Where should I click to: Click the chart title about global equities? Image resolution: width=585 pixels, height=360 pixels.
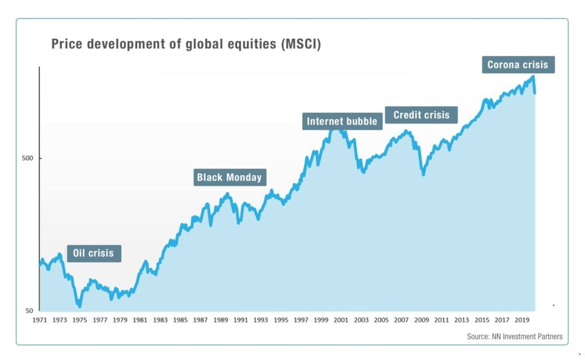(186, 44)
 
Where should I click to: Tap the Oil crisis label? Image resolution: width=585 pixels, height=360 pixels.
(93, 253)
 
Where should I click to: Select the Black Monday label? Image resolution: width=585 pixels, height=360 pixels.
(229, 177)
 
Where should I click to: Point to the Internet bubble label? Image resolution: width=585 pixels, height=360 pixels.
(342, 121)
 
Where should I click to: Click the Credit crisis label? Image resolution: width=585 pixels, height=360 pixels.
(421, 115)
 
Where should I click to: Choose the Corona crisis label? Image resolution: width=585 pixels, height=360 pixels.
(517, 65)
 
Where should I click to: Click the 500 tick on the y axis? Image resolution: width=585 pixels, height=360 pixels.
(27, 158)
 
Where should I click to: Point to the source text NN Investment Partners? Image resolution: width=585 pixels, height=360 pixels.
(514, 337)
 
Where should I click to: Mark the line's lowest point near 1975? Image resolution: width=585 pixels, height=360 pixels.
(79, 306)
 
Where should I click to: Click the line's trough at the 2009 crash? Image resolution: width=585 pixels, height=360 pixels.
(423, 174)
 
